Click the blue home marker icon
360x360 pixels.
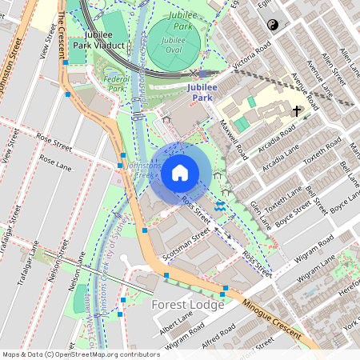tap(180, 171)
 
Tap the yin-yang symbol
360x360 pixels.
tap(271, 26)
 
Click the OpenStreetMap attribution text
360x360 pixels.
tap(81, 354)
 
